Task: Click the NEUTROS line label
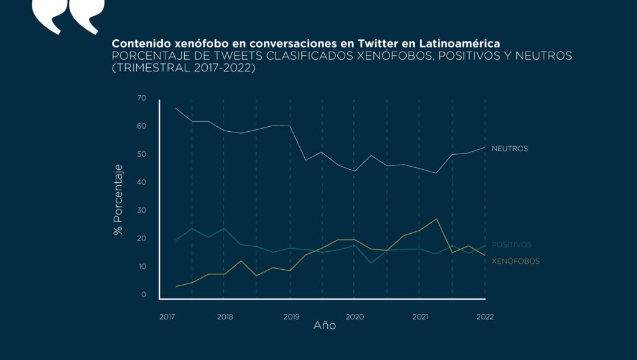point(509,149)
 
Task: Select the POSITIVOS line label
point(511,245)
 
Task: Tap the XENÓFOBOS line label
point(515,261)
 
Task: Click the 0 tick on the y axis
point(144,295)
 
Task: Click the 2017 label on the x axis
point(167,317)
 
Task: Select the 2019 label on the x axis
point(291,317)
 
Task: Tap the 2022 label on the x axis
point(485,317)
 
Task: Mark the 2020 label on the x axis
point(354,317)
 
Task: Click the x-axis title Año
point(324,326)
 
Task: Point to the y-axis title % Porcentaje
point(118,200)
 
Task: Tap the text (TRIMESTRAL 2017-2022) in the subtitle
point(184,68)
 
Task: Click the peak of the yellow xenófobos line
point(437,219)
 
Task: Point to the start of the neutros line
point(176,108)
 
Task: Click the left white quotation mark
point(47,16)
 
